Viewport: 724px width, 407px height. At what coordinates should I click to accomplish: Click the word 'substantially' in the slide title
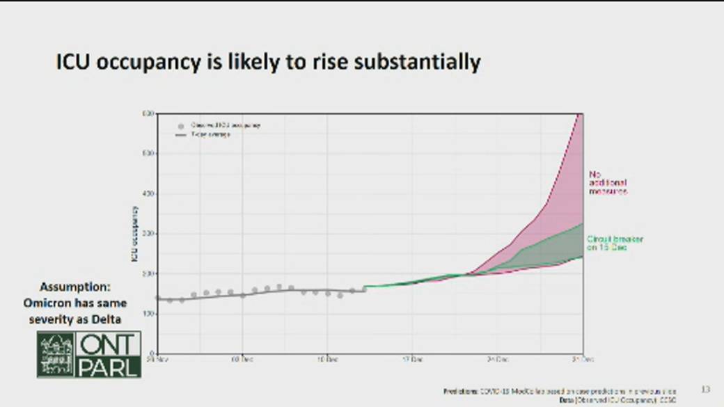tap(417, 62)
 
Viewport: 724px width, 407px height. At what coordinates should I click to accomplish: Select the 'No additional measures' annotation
tap(608, 182)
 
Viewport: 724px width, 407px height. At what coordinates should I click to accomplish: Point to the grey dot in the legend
tap(180, 126)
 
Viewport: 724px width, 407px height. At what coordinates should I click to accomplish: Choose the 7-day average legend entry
tap(210, 134)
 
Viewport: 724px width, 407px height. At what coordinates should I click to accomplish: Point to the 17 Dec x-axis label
tap(412, 360)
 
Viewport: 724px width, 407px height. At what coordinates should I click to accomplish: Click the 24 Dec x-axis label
tap(497, 360)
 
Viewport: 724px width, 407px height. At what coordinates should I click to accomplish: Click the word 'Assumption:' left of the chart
tap(75, 287)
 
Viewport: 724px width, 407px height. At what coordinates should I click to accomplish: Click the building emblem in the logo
tap(56, 354)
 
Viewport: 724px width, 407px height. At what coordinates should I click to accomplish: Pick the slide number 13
tap(705, 389)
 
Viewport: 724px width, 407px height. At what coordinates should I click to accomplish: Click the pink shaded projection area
tap(557, 202)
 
